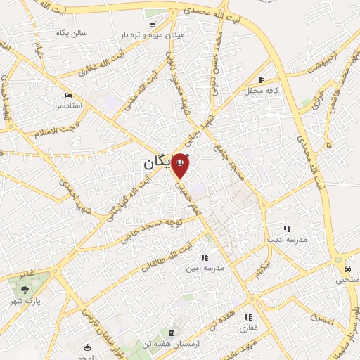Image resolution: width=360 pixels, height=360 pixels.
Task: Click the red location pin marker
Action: [x=181, y=165]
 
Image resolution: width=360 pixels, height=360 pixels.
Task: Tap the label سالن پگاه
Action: [x=72, y=32]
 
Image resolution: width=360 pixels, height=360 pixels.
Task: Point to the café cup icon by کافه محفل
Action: [x=262, y=80]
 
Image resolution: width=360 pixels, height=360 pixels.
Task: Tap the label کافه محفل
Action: [x=262, y=91]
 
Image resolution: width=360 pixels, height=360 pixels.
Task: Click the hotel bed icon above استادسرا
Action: [x=68, y=95]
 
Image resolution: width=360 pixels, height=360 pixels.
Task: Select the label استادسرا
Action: [x=69, y=105]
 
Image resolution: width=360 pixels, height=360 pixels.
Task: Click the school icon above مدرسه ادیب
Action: [x=287, y=228]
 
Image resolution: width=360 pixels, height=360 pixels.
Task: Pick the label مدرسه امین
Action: [x=205, y=269]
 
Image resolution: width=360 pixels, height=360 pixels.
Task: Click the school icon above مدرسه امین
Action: [x=205, y=258]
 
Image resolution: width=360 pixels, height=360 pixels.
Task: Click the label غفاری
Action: [x=250, y=328]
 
